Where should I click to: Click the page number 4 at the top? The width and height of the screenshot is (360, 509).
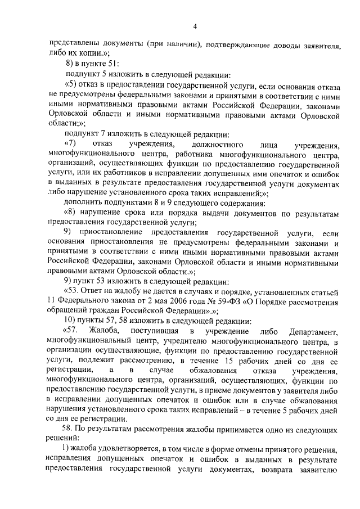pyautogui.click(x=194, y=26)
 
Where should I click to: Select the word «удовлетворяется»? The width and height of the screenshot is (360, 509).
pyautogui.click(x=119, y=451)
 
